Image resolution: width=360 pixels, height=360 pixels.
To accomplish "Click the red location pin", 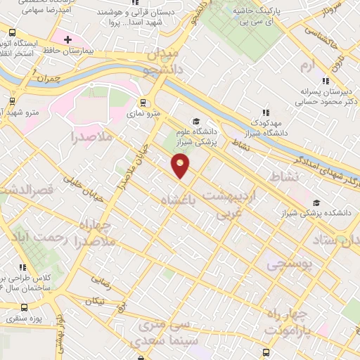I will click(181, 166).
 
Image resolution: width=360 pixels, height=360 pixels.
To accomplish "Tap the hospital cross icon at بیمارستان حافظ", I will click(67, 39).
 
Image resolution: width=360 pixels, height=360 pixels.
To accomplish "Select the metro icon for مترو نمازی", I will click(144, 101).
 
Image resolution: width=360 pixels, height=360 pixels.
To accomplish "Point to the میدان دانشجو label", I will click(162, 61).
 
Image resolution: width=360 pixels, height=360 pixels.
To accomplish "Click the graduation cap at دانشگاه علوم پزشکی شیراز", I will click(196, 121).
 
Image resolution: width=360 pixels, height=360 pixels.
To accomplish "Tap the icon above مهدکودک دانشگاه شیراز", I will click(266, 112).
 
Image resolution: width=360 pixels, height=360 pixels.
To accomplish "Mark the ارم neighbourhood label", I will click(304, 65).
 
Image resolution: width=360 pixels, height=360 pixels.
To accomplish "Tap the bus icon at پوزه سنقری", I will click(25, 307).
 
